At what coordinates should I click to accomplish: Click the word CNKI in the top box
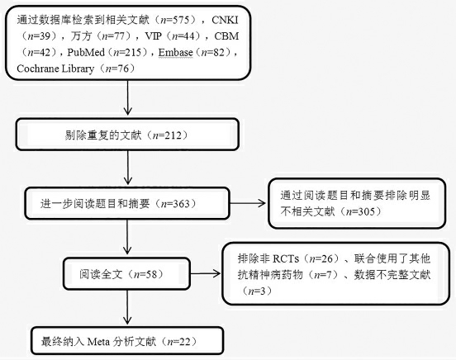[x=225, y=20]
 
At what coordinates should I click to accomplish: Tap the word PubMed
[x=86, y=52]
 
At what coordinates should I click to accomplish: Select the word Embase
[x=175, y=52]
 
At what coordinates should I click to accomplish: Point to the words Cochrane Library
[x=55, y=69]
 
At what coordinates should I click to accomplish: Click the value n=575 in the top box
[x=177, y=20]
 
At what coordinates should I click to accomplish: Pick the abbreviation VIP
[x=154, y=36]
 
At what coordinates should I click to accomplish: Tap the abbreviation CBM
[x=226, y=36]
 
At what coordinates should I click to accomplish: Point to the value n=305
[x=360, y=211]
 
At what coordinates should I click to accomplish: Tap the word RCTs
[x=286, y=258]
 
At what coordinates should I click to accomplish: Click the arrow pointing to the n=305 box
[x=248, y=203]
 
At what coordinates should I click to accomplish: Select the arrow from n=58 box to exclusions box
[x=205, y=273]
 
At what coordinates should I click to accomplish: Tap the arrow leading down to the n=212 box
[x=127, y=98]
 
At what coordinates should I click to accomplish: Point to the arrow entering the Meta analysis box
[x=127, y=307]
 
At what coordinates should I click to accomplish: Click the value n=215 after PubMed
[x=126, y=52]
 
